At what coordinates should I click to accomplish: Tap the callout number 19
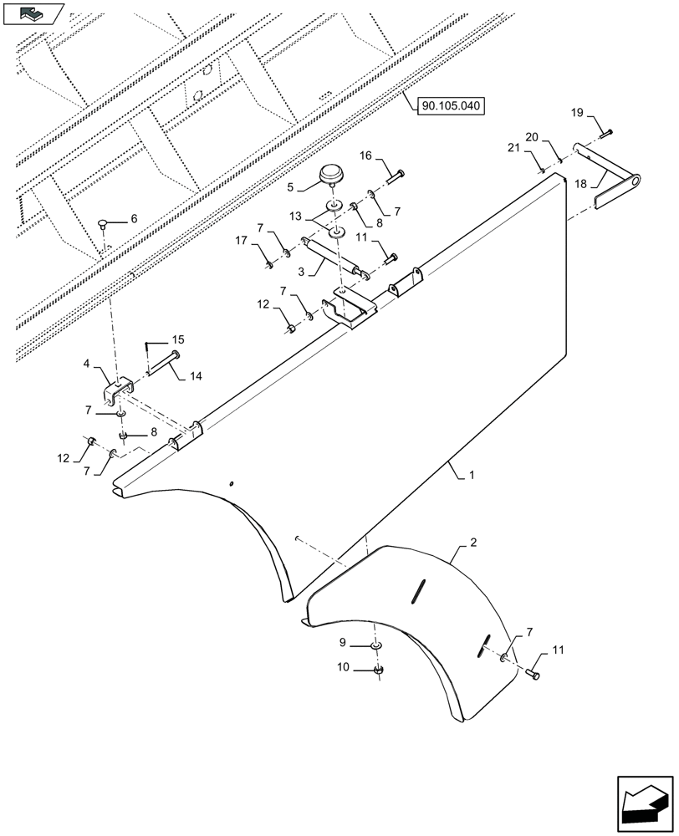pyautogui.click(x=578, y=114)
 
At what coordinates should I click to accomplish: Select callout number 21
pyautogui.click(x=513, y=148)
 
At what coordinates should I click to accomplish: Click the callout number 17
pyautogui.click(x=241, y=241)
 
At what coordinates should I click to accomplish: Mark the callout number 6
pyautogui.click(x=133, y=219)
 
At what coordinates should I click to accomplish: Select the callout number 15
pyautogui.click(x=178, y=339)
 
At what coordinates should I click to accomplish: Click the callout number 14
pyautogui.click(x=195, y=377)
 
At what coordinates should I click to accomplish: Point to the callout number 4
pyautogui.click(x=87, y=364)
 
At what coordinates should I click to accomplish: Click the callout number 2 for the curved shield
pyautogui.click(x=473, y=543)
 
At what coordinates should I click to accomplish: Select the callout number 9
pyautogui.click(x=343, y=643)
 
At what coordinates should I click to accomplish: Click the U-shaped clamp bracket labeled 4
pyautogui.click(x=119, y=390)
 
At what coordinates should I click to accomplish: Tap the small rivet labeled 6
pyautogui.click(x=104, y=224)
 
